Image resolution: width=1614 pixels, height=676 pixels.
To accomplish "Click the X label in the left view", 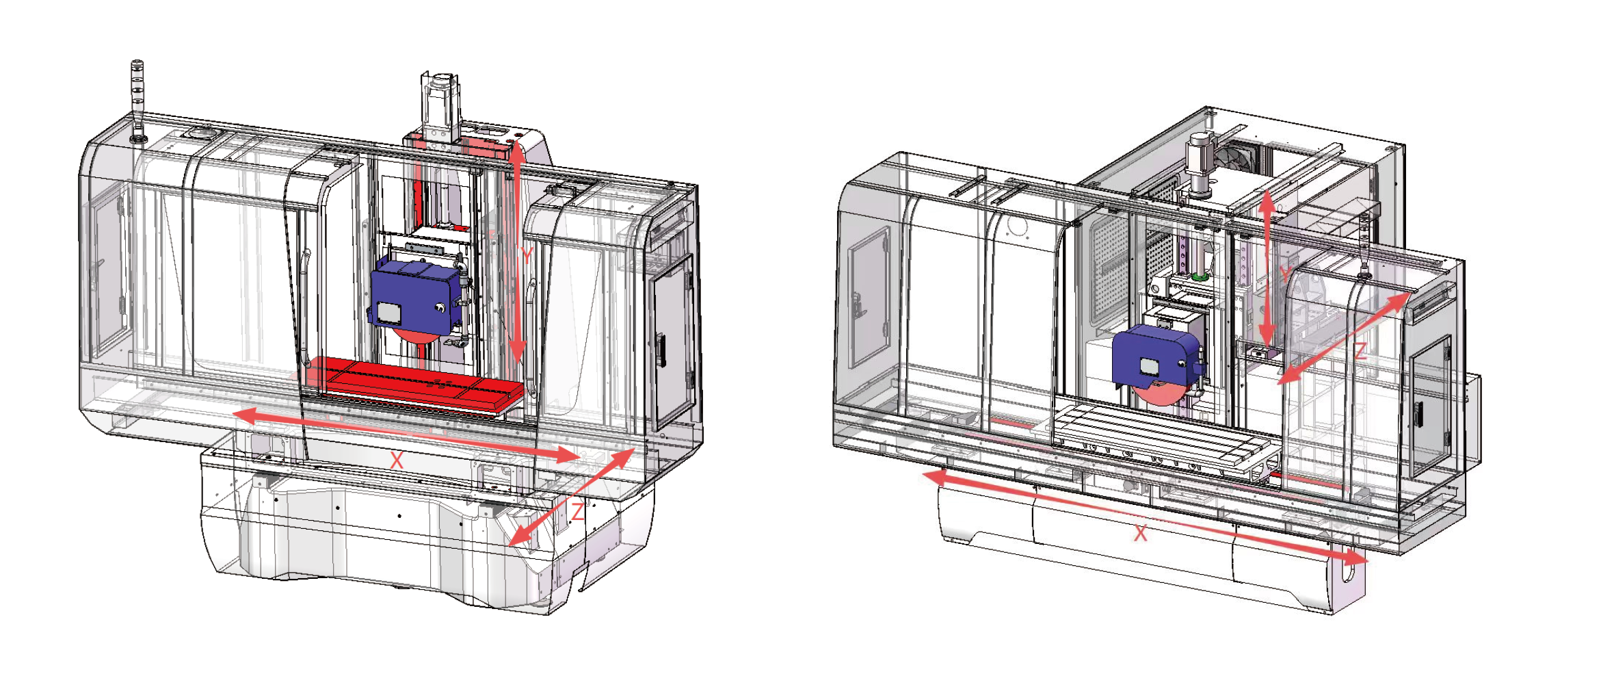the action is pyautogui.click(x=397, y=460).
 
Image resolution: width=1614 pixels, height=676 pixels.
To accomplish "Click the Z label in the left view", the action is pyautogui.click(x=578, y=511).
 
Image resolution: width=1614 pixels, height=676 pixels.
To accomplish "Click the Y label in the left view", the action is pyautogui.click(x=526, y=255).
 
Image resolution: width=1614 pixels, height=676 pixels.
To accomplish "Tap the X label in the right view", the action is pyautogui.click(x=1140, y=534).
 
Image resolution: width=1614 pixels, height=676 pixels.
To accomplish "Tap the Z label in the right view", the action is pyautogui.click(x=1360, y=352).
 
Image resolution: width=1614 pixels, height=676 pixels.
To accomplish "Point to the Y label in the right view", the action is pyautogui.click(x=1285, y=274).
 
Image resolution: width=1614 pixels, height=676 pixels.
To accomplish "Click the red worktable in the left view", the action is pyautogui.click(x=417, y=383).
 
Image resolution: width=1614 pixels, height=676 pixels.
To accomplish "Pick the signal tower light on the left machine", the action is pyautogui.click(x=137, y=101).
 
